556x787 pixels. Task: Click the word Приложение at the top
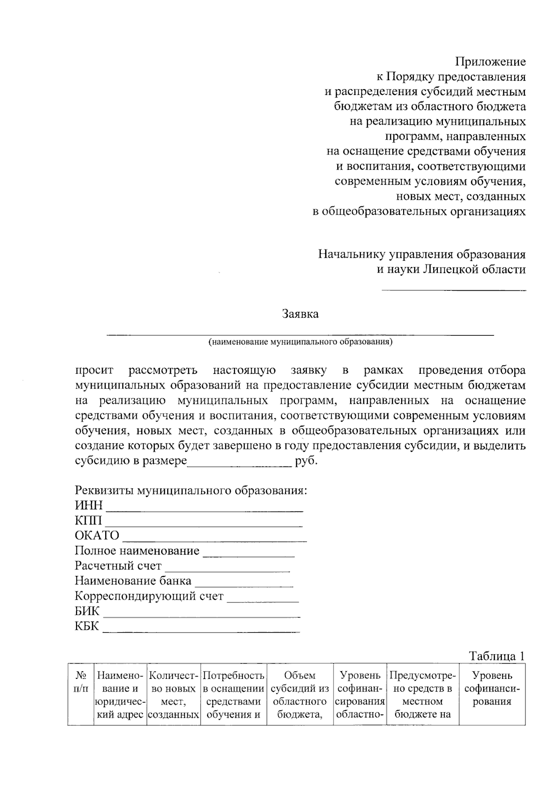490,62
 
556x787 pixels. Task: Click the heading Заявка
300,314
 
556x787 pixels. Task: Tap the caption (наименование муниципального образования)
300,342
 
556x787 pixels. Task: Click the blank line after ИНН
204,510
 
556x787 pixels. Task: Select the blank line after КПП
203,525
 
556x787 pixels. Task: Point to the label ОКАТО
97,536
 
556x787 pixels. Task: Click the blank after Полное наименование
249,556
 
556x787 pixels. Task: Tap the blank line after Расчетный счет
227,571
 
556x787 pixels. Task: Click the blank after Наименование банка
244,586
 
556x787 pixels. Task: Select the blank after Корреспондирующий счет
263,601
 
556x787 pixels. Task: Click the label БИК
87,611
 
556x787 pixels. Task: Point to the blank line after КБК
201,631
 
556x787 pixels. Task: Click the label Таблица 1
497,656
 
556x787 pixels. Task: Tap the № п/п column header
81,682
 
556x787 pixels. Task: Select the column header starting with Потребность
234,695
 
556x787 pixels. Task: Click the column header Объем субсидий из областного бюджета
300,695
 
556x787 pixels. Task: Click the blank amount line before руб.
239,466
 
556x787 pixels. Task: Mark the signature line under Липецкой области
453,290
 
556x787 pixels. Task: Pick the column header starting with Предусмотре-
423,695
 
